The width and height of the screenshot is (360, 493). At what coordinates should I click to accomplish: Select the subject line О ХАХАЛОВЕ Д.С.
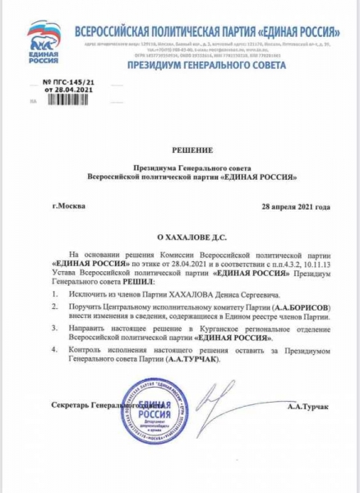click(x=182, y=235)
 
